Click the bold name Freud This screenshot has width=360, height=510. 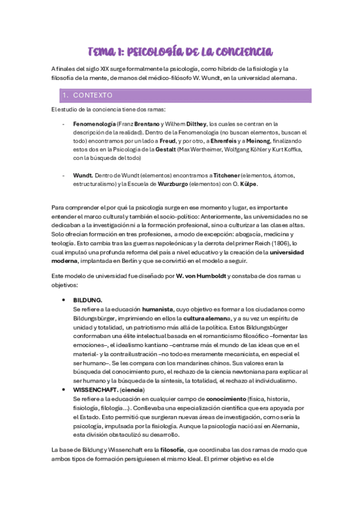coord(169,141)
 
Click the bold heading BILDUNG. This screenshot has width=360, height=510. coord(88,300)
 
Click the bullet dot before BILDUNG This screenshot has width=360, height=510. coord(64,300)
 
